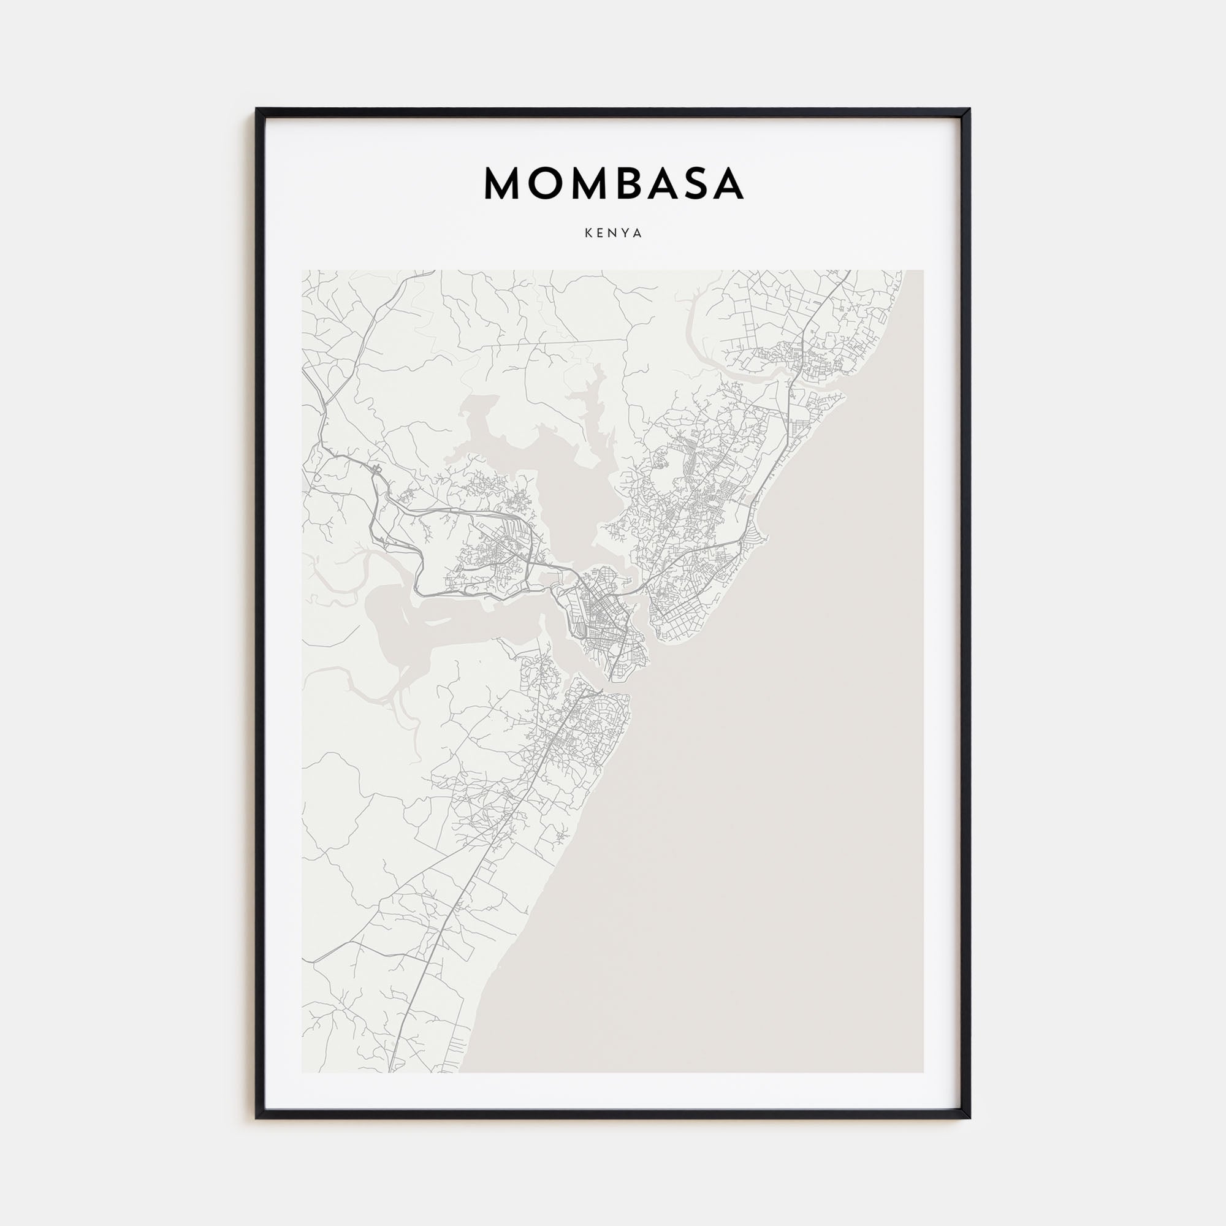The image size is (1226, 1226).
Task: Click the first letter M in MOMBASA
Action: (x=503, y=184)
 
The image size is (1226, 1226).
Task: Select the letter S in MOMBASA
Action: (x=695, y=184)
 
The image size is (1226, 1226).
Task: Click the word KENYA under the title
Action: (x=613, y=234)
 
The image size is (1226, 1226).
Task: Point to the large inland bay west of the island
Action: (x=406, y=625)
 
